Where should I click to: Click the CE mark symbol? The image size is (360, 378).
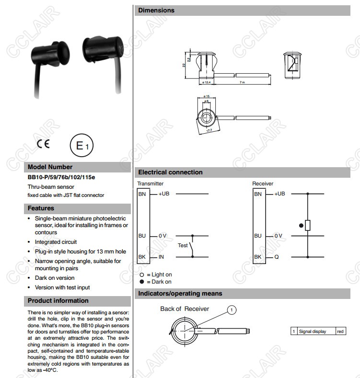click(43, 144)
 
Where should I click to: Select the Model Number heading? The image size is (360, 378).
click(50, 167)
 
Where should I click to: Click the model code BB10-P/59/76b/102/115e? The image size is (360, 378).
click(61, 177)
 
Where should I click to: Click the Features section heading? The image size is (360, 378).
click(41, 208)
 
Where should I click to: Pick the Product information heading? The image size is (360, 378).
click(58, 301)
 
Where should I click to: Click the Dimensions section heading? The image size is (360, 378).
click(156, 11)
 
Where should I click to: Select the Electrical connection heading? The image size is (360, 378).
click(170, 172)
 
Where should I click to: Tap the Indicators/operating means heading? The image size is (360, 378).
click(180, 293)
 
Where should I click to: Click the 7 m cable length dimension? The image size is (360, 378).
click(243, 82)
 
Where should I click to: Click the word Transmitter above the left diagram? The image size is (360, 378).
click(150, 183)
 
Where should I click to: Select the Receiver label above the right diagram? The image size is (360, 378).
click(263, 183)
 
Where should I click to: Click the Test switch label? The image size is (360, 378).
click(183, 245)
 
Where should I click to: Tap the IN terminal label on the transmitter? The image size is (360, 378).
click(162, 257)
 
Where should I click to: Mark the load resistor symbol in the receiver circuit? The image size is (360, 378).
click(307, 225)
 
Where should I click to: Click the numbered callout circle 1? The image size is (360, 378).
click(231, 310)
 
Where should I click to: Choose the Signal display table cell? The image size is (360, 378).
click(313, 332)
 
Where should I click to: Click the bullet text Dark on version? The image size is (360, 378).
click(55, 278)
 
